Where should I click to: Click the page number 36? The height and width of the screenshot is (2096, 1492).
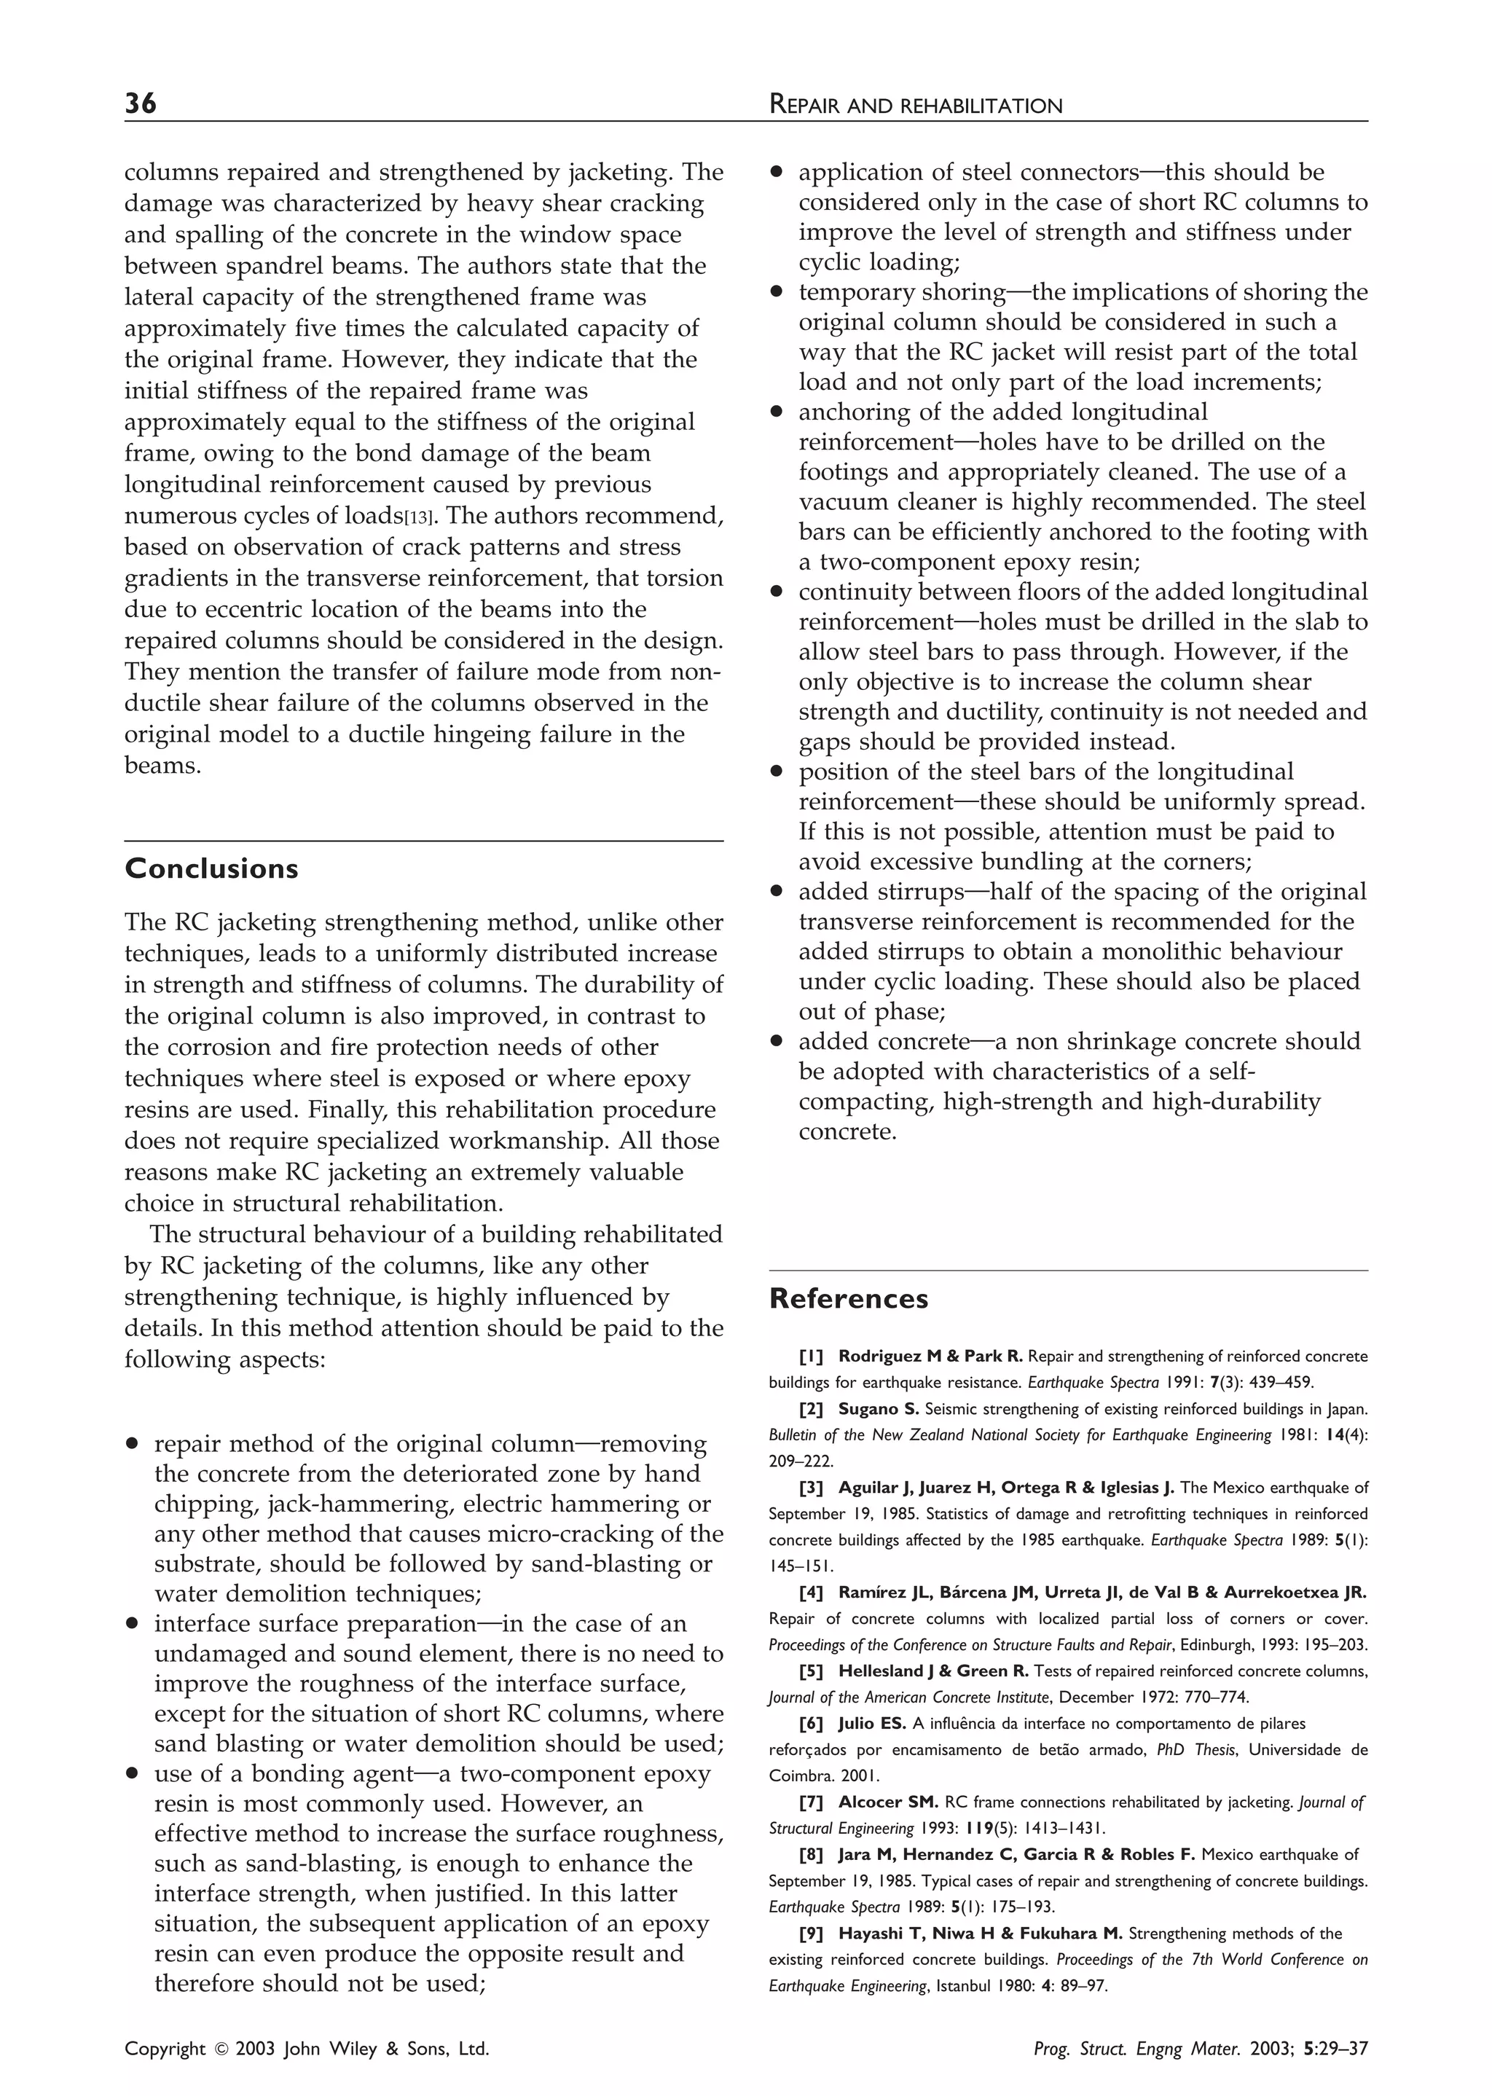[141, 103]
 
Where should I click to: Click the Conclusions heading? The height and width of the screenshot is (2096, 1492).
[211, 869]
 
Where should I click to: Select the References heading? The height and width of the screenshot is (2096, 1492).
[848, 1299]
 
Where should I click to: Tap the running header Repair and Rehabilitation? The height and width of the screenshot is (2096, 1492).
[915, 106]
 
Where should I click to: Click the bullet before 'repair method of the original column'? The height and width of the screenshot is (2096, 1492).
[133, 1445]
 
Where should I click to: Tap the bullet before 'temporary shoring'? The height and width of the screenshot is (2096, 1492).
[777, 293]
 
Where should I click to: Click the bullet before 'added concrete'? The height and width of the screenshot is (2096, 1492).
[777, 1042]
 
